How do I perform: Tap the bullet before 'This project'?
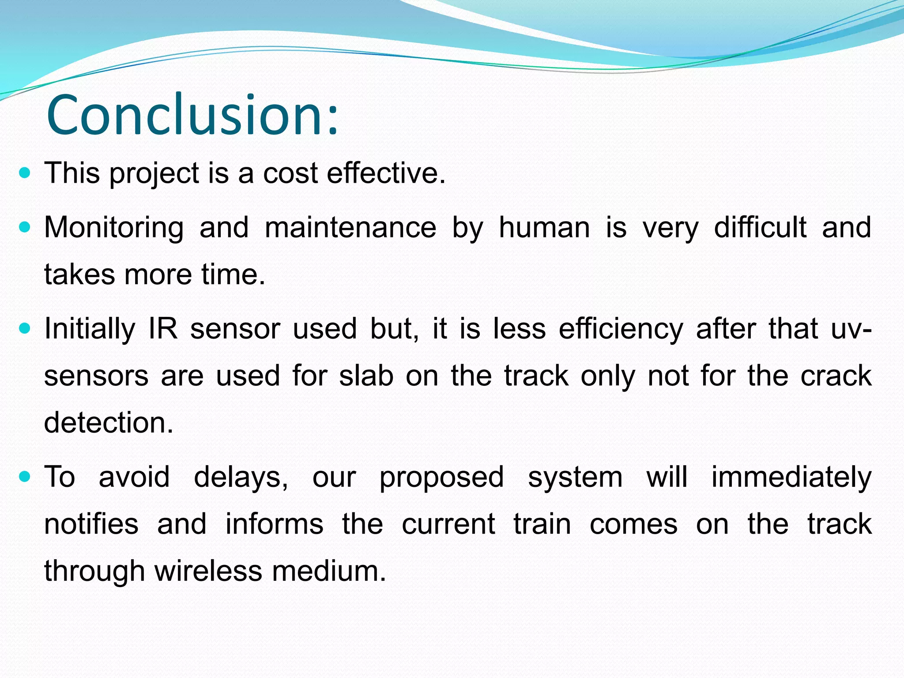click(x=25, y=173)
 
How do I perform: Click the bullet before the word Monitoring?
click(x=25, y=227)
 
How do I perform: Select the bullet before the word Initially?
click(x=25, y=329)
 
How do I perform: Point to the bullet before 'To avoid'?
click(x=25, y=477)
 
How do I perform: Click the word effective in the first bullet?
click(x=386, y=173)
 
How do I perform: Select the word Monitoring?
click(x=114, y=228)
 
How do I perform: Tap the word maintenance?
click(x=350, y=227)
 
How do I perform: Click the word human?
click(x=544, y=227)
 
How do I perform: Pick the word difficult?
click(x=760, y=227)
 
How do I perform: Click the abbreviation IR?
click(x=163, y=329)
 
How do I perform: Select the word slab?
click(x=366, y=376)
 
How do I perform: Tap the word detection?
click(x=109, y=422)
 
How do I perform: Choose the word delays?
click(x=241, y=477)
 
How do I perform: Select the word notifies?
click(x=91, y=524)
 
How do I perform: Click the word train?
click(x=542, y=524)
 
